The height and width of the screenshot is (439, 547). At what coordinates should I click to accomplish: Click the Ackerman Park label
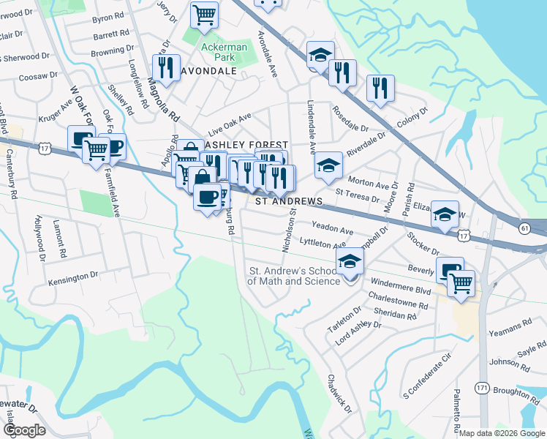coord(225,52)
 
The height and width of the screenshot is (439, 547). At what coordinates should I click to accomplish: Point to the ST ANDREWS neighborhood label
coord(289,200)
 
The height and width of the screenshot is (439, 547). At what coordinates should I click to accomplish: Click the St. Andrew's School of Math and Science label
coord(295,276)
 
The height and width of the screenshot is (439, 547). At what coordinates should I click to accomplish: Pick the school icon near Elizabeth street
coord(445,214)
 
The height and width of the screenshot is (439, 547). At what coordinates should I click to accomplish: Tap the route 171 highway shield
coord(482,387)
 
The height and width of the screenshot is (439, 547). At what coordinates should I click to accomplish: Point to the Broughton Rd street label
coord(516,391)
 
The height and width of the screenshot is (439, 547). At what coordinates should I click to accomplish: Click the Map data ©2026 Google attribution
coord(501,433)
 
